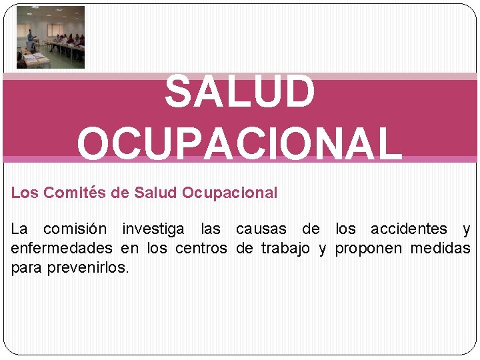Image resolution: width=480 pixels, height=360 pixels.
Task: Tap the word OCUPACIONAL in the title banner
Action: coord(239,141)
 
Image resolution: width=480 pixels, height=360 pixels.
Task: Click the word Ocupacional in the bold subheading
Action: coord(229,193)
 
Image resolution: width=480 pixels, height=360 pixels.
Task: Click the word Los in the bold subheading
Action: coord(25,193)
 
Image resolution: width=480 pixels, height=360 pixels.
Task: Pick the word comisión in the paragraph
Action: coord(74,229)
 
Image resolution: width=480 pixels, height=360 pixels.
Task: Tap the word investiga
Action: coord(153,229)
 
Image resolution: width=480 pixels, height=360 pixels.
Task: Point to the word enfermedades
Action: coord(61,249)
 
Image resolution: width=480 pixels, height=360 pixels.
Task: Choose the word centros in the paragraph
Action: coord(201,249)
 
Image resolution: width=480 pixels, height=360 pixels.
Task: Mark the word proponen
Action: coord(368,249)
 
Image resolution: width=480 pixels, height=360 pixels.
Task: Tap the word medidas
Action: coord(440,249)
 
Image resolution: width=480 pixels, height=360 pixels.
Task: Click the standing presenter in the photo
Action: coord(30,38)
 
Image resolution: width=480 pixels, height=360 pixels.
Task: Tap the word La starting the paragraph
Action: coord(19,229)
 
